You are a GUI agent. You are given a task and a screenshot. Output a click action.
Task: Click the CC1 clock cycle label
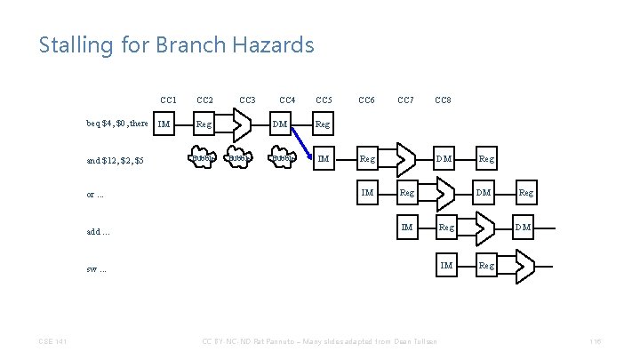pyautogui.click(x=168, y=100)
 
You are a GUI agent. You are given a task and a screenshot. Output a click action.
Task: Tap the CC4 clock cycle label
pyautogui.click(x=287, y=100)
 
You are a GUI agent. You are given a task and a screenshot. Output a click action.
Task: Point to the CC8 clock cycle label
pyautogui.click(x=442, y=100)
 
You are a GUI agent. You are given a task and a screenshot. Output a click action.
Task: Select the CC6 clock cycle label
pyautogui.click(x=365, y=100)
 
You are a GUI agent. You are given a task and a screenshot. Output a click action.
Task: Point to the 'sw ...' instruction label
pyautogui.click(x=96, y=268)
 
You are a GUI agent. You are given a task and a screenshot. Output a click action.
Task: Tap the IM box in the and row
pyautogui.click(x=324, y=159)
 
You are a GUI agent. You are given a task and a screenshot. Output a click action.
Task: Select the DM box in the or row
pyautogui.click(x=483, y=192)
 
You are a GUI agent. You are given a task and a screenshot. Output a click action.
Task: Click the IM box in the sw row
pyautogui.click(x=446, y=265)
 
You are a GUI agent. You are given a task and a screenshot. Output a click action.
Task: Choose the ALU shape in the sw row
pyautogui.click(x=524, y=265)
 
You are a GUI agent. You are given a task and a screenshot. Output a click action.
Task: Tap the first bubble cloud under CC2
pyautogui.click(x=204, y=160)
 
